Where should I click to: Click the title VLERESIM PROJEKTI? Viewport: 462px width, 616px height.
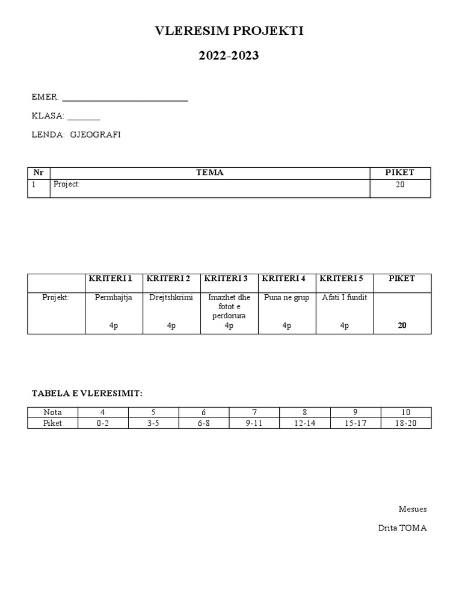coord(229,32)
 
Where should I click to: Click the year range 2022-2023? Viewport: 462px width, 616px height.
coord(229,56)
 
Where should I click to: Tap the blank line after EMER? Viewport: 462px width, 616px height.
coord(125,98)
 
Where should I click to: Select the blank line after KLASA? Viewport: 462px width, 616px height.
coord(84,117)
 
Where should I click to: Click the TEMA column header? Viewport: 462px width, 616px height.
coord(210,173)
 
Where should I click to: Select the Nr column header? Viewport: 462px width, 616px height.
coord(38,173)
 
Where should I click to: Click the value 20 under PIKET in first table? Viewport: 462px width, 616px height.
coord(400,185)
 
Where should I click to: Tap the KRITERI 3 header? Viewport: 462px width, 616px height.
coord(226,279)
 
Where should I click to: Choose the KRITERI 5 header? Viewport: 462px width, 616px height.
coord(342,279)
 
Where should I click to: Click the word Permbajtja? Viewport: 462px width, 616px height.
coord(113,298)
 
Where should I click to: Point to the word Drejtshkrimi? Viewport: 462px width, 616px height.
coord(171,298)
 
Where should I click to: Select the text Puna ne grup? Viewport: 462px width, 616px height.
coord(286,298)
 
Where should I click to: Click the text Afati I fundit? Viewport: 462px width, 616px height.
coord(345,298)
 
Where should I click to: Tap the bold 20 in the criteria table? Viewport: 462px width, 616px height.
coord(402,325)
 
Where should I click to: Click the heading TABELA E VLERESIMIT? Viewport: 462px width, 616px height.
coord(87,393)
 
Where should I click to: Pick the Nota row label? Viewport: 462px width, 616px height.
coord(53,412)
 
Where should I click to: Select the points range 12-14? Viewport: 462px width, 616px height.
coord(305,423)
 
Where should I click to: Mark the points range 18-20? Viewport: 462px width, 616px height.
coord(406,423)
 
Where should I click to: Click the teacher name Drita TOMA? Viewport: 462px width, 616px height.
coord(402,528)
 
